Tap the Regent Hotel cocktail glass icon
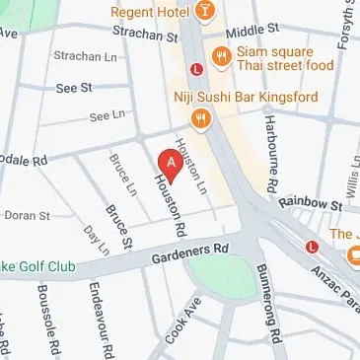pyautogui.click(x=202, y=11)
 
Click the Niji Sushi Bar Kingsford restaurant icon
pyautogui.click(x=202, y=117)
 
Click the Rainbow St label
pyautogui.click(x=309, y=204)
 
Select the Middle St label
pyautogui.click(x=247, y=32)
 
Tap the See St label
pyautogui.click(x=74, y=87)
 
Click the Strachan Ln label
pyautogui.click(x=80, y=56)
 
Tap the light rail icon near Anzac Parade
pyautogui.click(x=312, y=247)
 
